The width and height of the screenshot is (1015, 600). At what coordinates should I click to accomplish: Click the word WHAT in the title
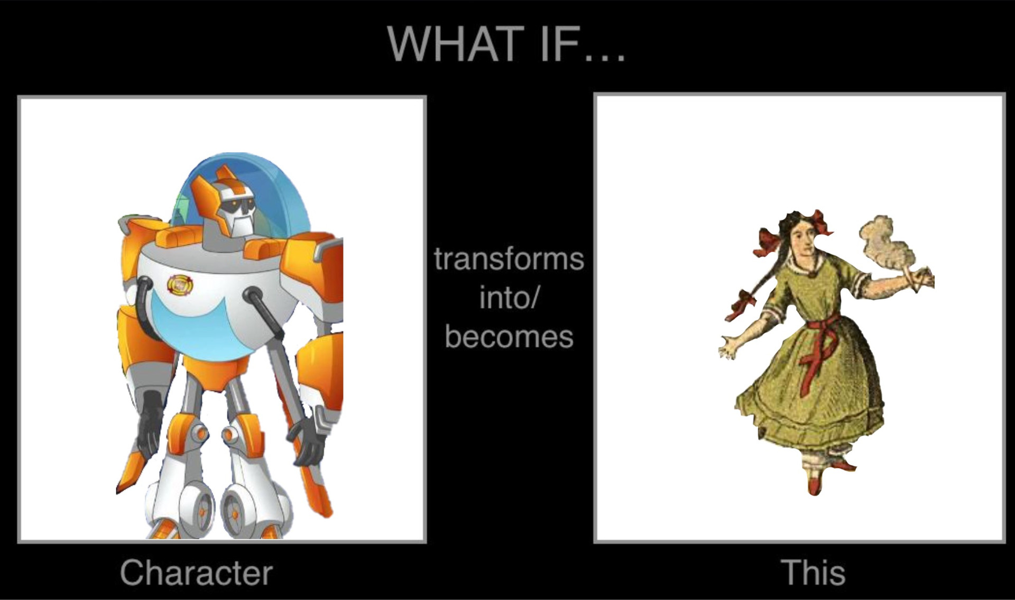click(453, 44)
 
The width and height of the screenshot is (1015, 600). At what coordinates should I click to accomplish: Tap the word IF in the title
click(558, 44)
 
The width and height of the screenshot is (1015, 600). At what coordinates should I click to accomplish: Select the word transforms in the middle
click(509, 259)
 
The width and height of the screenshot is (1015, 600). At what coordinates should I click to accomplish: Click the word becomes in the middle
click(509, 337)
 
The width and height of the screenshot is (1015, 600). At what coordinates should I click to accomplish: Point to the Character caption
click(196, 573)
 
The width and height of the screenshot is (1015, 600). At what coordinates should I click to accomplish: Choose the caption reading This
click(813, 573)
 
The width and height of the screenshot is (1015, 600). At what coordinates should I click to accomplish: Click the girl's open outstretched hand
click(731, 347)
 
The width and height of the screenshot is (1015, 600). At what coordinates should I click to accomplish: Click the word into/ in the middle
click(509, 298)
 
